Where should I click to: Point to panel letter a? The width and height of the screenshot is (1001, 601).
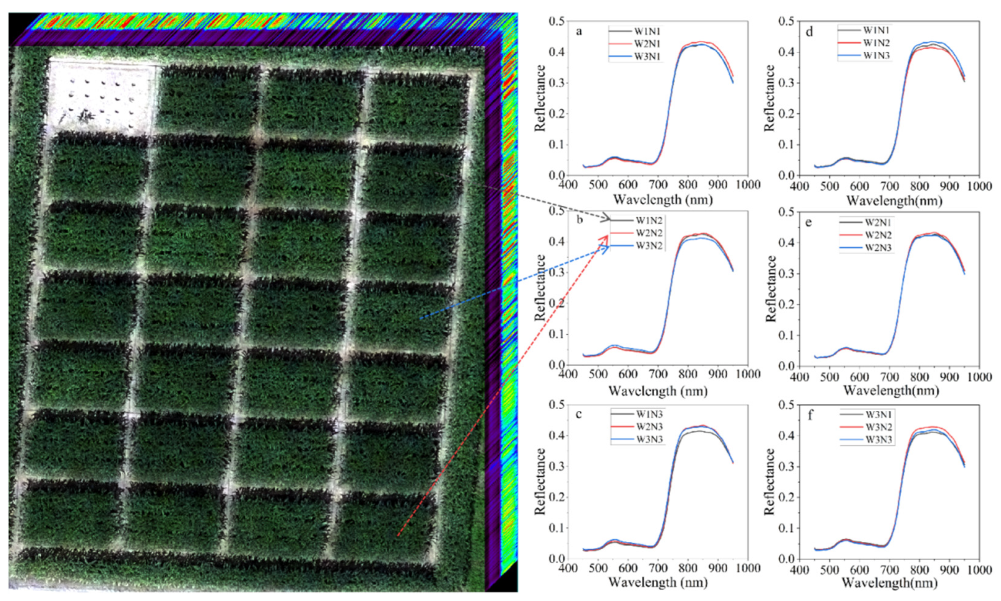coord(579,31)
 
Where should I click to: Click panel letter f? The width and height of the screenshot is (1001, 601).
coord(810,416)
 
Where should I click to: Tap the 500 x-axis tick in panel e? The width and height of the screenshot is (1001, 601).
coord(829,377)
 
